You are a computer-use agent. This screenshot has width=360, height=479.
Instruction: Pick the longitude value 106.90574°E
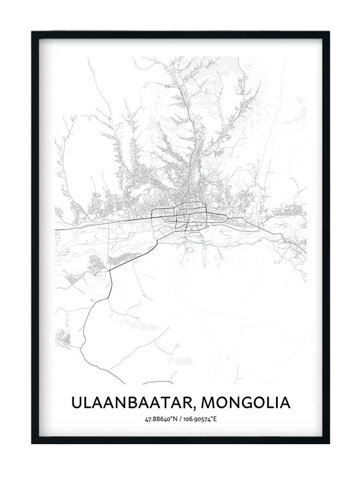click(x=199, y=420)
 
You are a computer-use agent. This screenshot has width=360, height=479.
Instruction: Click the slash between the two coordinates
click(x=179, y=420)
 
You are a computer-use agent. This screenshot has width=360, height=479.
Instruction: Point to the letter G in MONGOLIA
click(x=247, y=402)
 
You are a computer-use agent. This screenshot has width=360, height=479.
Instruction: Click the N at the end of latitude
click(x=174, y=420)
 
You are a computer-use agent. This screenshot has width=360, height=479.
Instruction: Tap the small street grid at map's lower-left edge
click(x=62, y=339)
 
